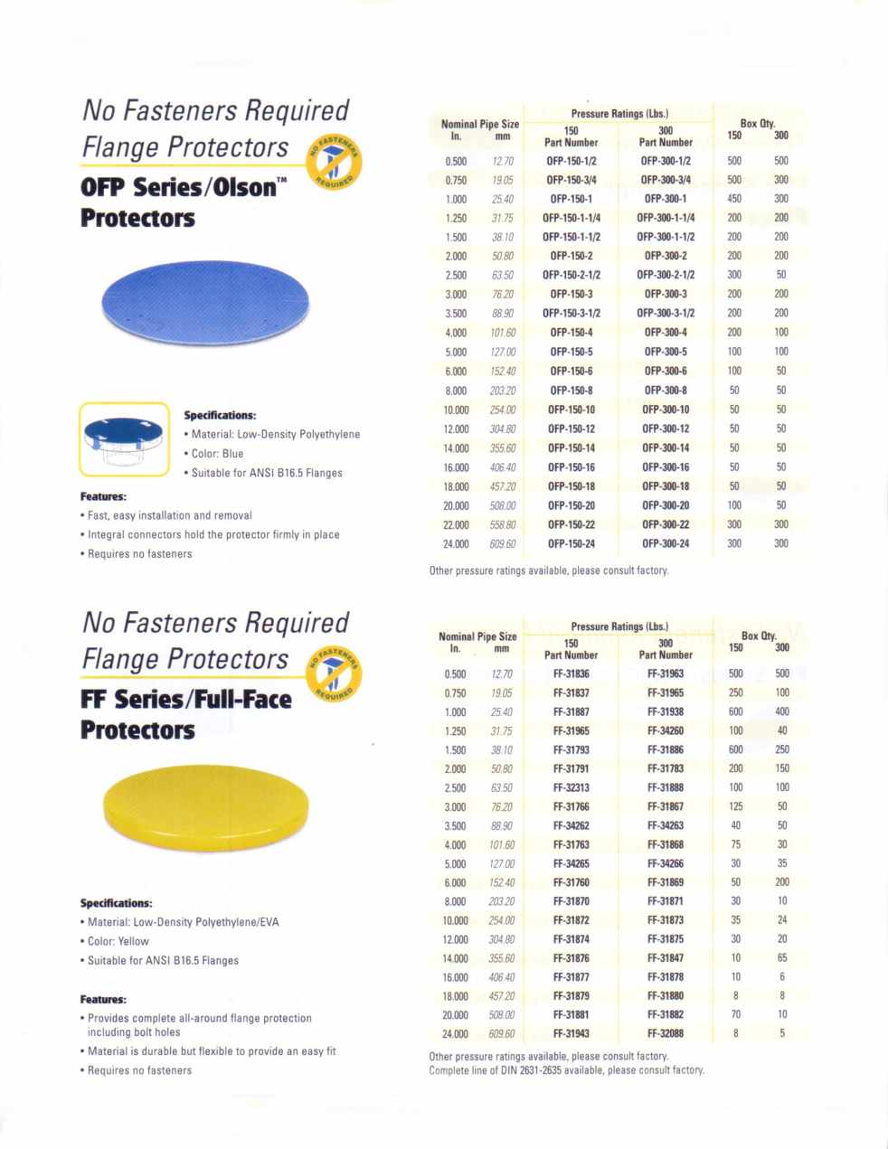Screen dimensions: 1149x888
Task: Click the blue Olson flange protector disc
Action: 205,301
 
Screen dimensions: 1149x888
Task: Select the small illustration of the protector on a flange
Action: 125,438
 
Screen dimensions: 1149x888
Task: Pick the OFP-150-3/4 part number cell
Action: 572,180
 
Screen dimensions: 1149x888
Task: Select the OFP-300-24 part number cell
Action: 666,543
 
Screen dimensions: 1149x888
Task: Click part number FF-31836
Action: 572,673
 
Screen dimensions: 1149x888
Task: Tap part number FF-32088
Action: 666,1033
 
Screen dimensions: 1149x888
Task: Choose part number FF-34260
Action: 666,730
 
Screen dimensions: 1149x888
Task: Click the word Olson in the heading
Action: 244,188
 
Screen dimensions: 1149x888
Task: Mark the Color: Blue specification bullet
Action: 217,454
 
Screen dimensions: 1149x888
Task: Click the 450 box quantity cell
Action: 734,199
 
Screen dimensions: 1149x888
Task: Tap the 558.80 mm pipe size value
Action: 503,524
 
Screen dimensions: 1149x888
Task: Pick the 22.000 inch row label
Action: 456,524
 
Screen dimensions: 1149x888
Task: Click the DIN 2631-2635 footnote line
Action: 566,1070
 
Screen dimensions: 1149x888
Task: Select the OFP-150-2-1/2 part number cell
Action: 572,275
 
